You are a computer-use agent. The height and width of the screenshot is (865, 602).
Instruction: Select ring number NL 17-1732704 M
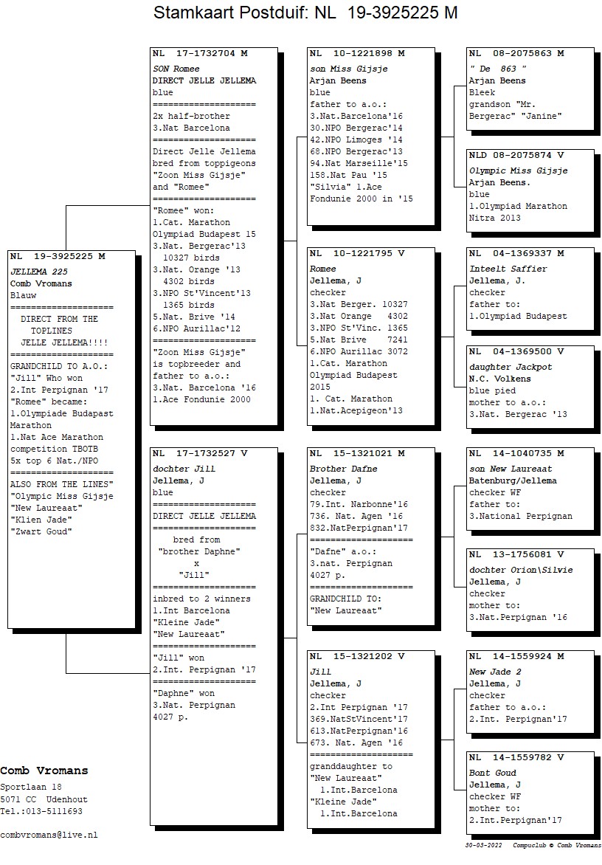tap(200, 54)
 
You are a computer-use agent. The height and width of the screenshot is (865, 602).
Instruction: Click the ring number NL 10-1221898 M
tap(357, 54)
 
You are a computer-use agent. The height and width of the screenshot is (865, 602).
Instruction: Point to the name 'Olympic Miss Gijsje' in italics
tap(518, 170)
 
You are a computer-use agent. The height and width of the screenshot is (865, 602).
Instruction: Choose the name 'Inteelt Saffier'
tap(508, 269)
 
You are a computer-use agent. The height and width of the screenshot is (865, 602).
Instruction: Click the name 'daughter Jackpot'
tap(511, 367)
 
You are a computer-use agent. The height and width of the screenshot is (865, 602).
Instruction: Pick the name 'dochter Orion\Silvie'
tap(521, 570)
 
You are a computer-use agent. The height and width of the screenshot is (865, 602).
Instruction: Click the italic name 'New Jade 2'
tap(495, 672)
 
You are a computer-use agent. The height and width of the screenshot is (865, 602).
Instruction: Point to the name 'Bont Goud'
tap(493, 773)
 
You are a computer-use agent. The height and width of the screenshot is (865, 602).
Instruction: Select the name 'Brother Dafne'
tap(343, 469)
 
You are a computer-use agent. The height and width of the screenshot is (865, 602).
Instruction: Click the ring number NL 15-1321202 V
tap(357, 656)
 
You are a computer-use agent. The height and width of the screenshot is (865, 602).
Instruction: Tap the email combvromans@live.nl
tap(49, 835)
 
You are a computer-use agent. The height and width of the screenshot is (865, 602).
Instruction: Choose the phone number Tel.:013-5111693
tap(41, 811)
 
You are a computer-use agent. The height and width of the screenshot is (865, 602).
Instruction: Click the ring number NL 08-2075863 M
tap(516, 54)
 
